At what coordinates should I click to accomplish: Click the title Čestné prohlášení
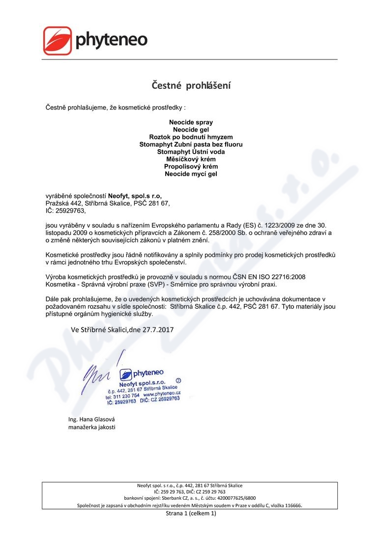coord(191,85)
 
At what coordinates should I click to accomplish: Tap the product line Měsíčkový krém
coord(191,159)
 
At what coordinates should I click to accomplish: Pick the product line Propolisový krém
coord(191,166)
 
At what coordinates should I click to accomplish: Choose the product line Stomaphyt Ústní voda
coord(191,152)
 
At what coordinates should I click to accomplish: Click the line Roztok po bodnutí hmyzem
coord(191,136)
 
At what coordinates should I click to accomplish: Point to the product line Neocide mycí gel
coord(191,174)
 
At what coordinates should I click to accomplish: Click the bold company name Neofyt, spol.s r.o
coord(135,195)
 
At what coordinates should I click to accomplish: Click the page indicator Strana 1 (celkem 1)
coord(191,513)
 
